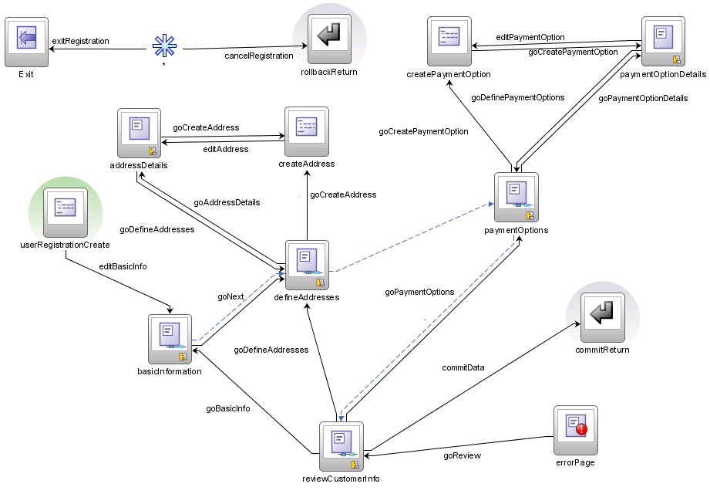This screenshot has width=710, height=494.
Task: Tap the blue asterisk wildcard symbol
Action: [x=163, y=46]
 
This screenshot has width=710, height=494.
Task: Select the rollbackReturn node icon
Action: [x=329, y=39]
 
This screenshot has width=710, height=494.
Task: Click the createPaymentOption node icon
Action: [x=449, y=41]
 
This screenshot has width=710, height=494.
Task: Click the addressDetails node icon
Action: [x=139, y=132]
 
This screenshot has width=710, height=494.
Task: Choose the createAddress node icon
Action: [x=307, y=132]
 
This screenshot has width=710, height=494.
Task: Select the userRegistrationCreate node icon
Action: [x=65, y=211]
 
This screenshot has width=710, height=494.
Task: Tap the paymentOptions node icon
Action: [x=516, y=198]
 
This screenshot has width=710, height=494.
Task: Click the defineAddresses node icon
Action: [x=307, y=264]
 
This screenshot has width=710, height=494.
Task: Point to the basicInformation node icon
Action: [x=170, y=338]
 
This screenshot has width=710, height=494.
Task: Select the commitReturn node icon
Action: [x=602, y=317]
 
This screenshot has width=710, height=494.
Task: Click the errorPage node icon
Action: [x=575, y=429]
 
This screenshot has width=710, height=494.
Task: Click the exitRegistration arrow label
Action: [x=80, y=40]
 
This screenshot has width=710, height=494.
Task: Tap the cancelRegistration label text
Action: [x=258, y=56]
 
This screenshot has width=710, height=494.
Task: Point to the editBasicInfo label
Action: [x=123, y=266]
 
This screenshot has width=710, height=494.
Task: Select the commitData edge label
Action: [x=463, y=367]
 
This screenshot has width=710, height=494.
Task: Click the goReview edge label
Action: [x=462, y=455]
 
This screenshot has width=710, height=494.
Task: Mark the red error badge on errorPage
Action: [x=581, y=428]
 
